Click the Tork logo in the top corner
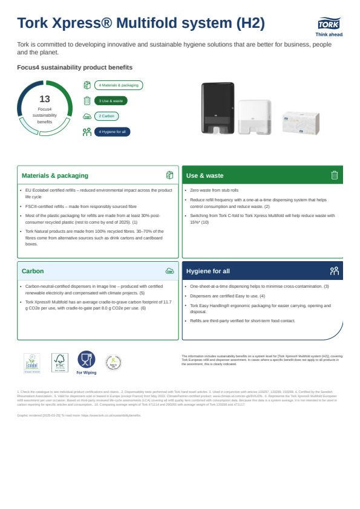[x=330, y=25]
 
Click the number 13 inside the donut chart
[x=45, y=99]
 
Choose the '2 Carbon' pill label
[x=106, y=116]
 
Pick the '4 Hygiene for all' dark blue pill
[x=112, y=132]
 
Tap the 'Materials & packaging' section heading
[x=55, y=175]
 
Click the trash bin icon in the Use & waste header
[x=334, y=175]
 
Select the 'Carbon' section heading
[x=33, y=271]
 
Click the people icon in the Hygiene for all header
[x=334, y=271]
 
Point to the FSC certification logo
[x=59, y=363]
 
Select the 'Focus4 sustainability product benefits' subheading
[x=75, y=67]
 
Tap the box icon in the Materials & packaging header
[x=169, y=175]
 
